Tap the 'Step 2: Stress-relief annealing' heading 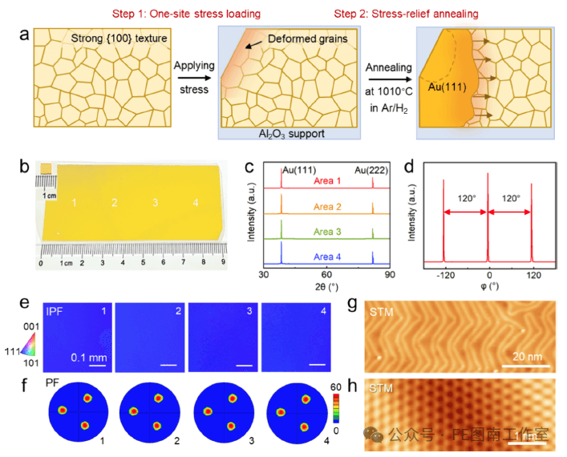pos(406,13)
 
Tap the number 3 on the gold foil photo pos(155,204)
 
